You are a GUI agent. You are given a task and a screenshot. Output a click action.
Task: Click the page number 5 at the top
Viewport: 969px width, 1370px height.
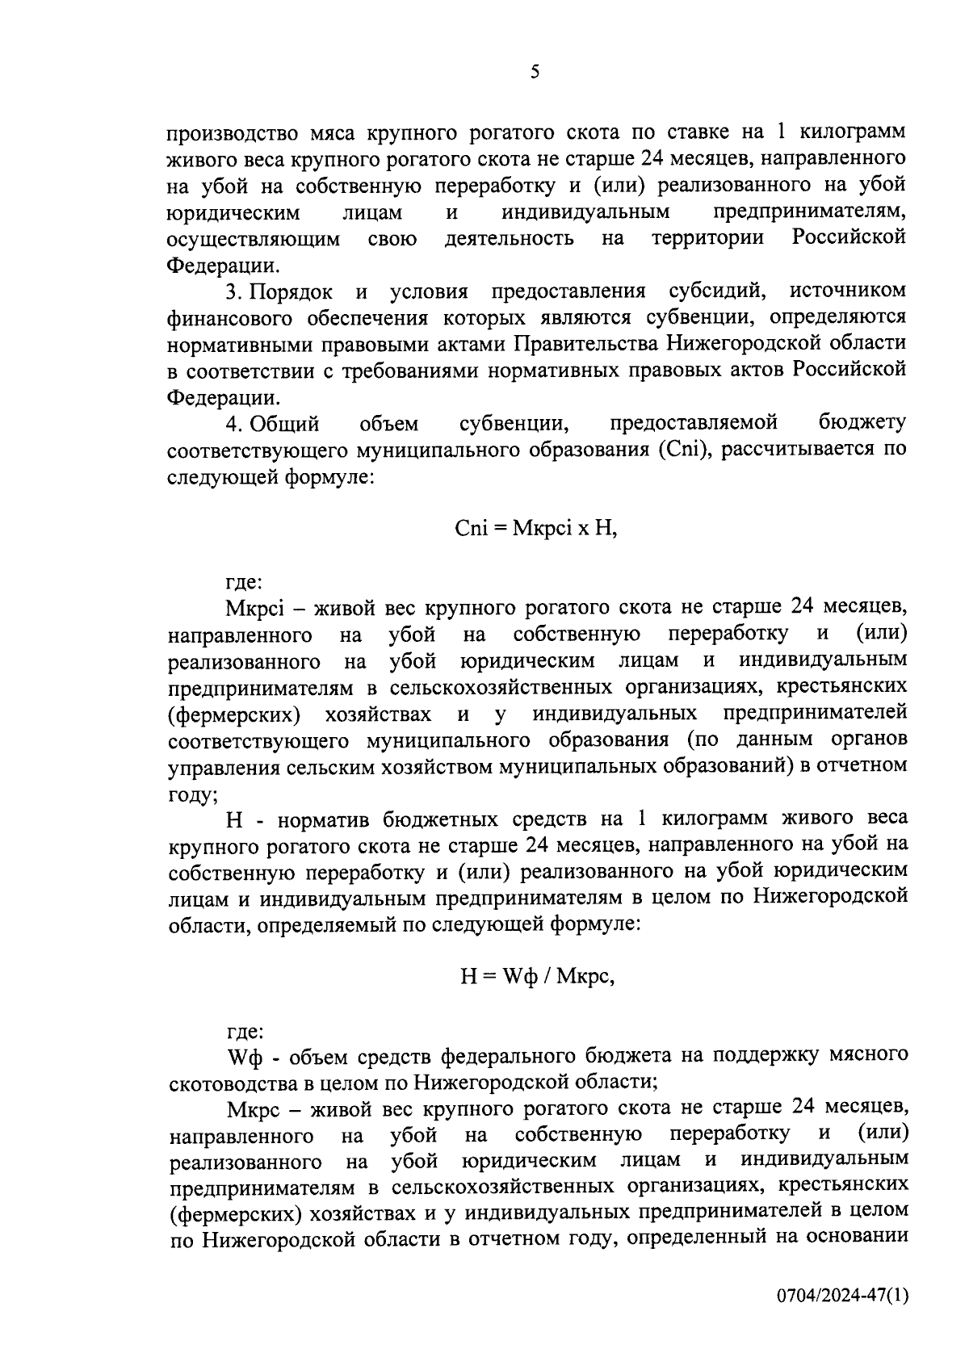click(535, 73)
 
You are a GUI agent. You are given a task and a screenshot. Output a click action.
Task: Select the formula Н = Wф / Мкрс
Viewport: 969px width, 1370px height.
click(537, 976)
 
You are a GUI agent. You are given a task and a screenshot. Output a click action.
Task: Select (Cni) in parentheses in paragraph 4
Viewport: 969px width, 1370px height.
click(684, 449)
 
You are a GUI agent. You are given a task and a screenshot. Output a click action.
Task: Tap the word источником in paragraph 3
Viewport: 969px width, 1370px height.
click(848, 291)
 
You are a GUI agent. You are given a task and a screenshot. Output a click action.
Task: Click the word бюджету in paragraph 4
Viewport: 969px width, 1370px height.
click(862, 423)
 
